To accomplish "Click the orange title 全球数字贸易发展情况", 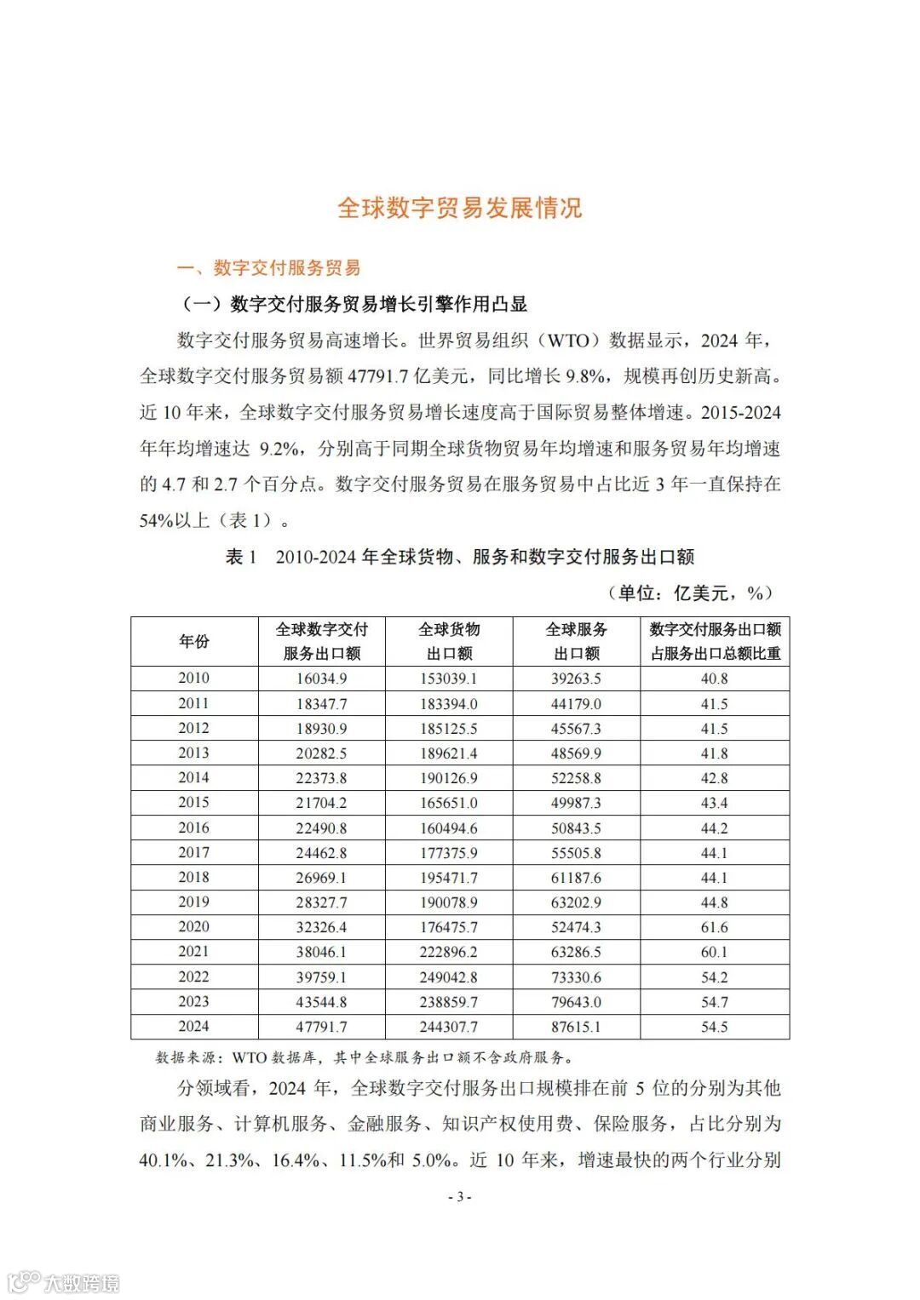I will point(459,208).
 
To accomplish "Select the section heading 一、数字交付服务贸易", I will point(268,268).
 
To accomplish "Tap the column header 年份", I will point(194,641).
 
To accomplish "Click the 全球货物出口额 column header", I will point(449,641).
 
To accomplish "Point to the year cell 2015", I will point(194,803).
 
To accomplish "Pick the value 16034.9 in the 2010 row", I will point(321,679).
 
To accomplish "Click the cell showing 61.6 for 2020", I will point(714,927).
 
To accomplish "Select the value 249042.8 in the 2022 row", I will point(448,977).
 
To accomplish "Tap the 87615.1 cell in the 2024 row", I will point(576,1027).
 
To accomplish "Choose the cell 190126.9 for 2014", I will point(448,778).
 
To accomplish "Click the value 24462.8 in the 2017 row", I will point(321,853).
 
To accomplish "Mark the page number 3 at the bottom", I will point(459,1197).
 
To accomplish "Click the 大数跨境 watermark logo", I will point(64,1282).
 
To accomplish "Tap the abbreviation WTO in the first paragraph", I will point(568,341).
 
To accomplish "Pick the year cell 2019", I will point(194,902).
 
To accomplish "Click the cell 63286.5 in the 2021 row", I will point(576,952).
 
